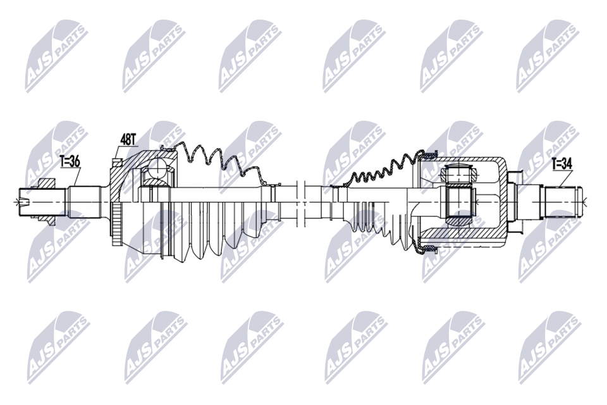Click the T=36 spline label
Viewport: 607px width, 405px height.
70,161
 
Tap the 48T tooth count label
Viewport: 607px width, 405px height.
128,139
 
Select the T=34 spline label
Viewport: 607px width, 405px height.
561,165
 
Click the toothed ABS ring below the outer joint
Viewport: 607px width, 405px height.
116,225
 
